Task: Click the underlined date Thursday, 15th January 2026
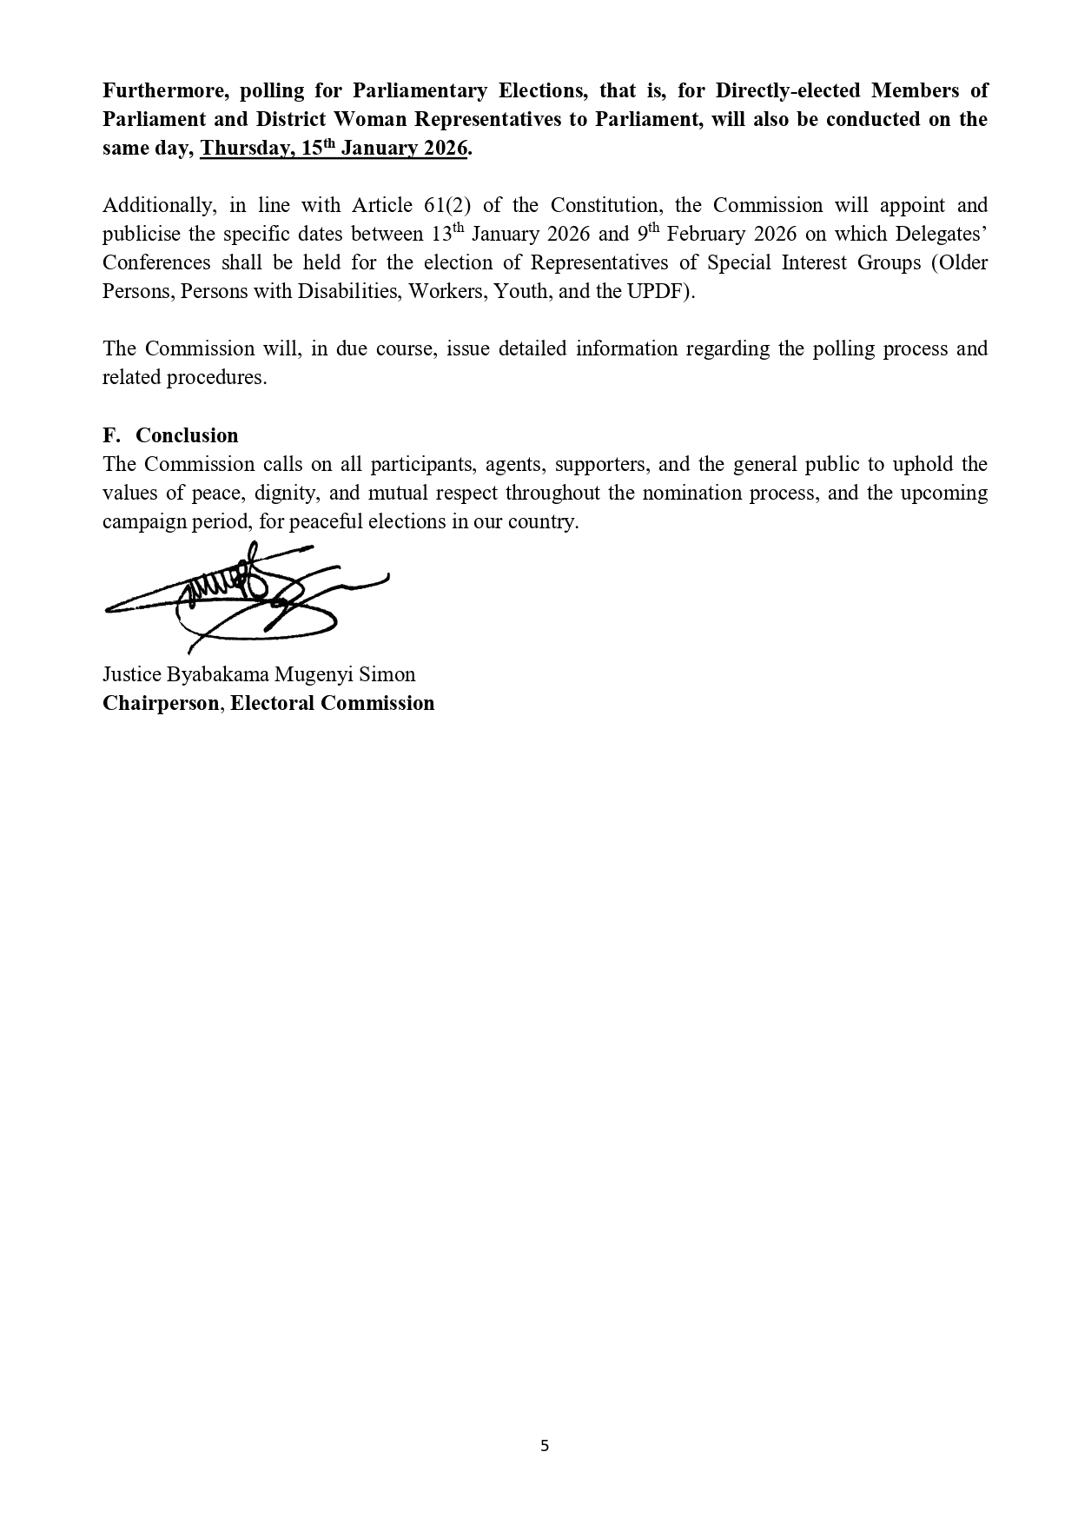point(334,148)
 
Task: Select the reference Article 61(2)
point(411,205)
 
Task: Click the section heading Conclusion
point(187,435)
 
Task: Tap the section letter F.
point(109,435)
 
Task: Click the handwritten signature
point(248,595)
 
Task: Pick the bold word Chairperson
point(161,703)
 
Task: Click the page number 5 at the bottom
point(545,1446)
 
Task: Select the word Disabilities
point(347,291)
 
